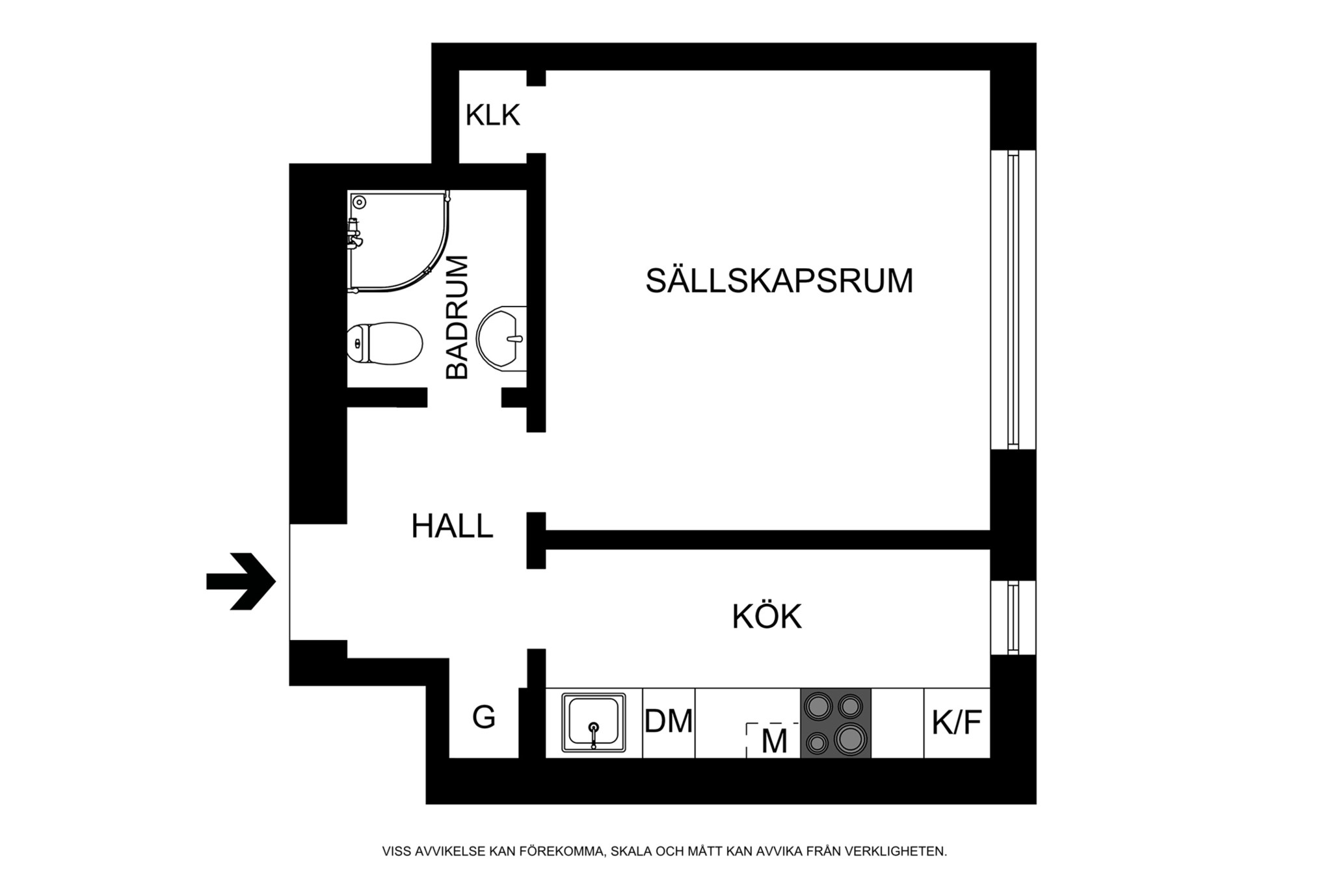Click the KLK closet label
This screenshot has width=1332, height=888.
[x=492, y=116]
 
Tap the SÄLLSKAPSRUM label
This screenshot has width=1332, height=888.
[x=779, y=281]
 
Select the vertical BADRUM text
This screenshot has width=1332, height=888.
[x=457, y=317]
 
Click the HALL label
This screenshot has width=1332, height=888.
[x=452, y=526]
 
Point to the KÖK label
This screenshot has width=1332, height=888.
[x=767, y=617]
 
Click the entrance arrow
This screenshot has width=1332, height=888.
[x=241, y=581]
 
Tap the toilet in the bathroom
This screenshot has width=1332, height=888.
[x=384, y=343]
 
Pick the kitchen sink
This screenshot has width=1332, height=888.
[x=593, y=722]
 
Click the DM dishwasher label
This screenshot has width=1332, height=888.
[x=669, y=721]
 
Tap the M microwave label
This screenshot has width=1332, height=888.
[x=774, y=741]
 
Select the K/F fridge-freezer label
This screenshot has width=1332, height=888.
[x=956, y=722]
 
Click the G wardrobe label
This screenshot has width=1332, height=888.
[x=483, y=717]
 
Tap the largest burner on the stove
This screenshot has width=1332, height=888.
[x=850, y=739]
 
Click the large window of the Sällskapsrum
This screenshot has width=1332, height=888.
[x=1013, y=299]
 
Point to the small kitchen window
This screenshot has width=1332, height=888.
[x=1013, y=617]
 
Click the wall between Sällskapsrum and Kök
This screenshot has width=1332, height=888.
[x=767, y=539]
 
